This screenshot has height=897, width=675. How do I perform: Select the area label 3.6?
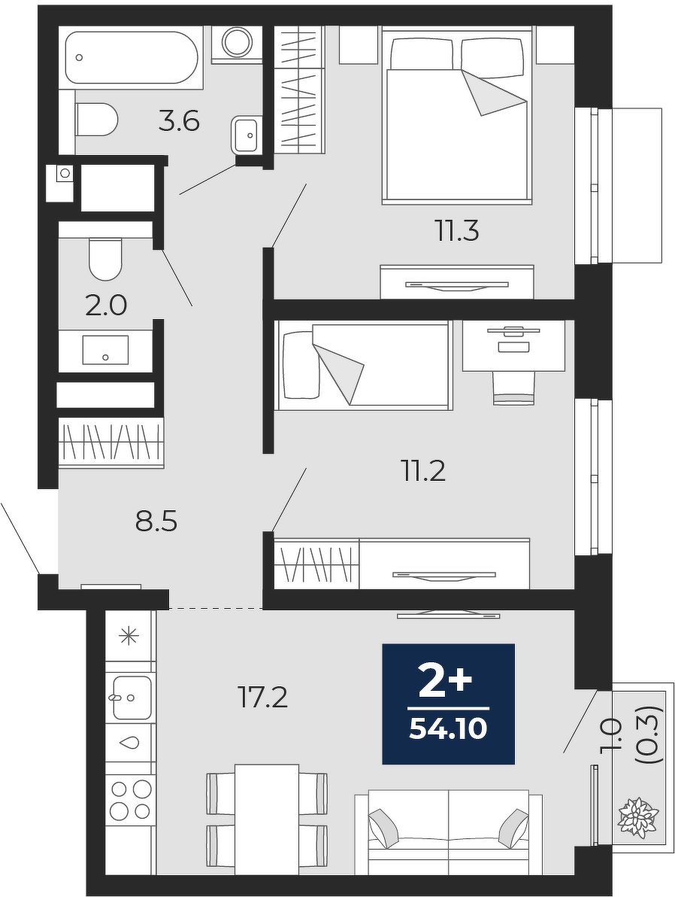[179, 122]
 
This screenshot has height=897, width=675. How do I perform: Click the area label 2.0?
[106, 306]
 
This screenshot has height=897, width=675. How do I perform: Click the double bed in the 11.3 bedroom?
[457, 118]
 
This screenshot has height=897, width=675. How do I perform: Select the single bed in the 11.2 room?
[364, 365]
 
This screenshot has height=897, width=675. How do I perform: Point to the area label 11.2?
[424, 472]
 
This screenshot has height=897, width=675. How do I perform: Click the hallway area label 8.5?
[156, 522]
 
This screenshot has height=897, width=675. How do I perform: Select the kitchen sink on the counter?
[132, 698]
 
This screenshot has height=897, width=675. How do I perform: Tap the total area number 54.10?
[448, 729]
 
